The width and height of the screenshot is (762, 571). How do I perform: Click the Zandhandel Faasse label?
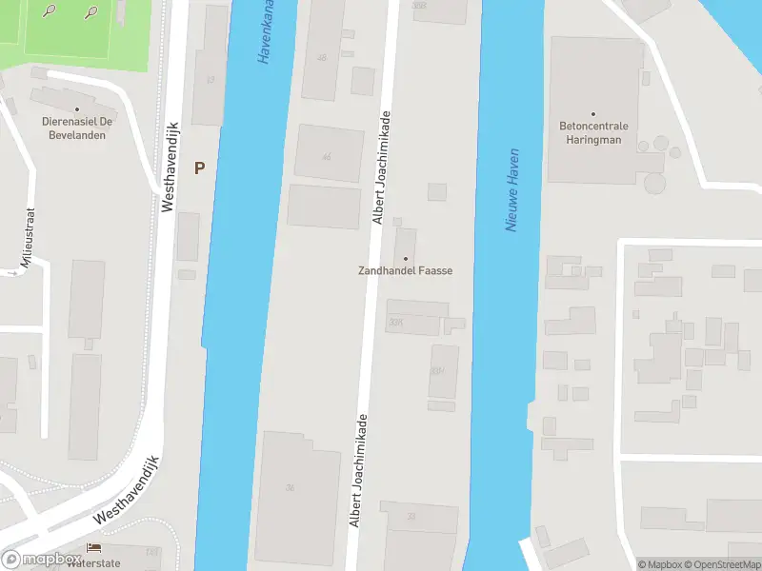404,271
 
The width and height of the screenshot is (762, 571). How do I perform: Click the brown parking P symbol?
199,168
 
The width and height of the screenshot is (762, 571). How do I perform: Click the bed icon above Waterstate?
93,547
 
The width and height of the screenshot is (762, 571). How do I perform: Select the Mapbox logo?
40,560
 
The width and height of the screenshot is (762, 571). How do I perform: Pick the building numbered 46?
327,157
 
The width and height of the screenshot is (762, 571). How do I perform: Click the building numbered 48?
321,58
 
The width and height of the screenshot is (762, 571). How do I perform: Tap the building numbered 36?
290,487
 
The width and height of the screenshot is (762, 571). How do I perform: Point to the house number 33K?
396,324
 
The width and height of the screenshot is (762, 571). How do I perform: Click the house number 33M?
437,371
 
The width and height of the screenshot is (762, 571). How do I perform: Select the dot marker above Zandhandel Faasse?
407,258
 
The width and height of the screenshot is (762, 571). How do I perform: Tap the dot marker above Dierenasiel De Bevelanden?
76,109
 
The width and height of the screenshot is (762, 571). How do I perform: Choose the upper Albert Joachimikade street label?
384,167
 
